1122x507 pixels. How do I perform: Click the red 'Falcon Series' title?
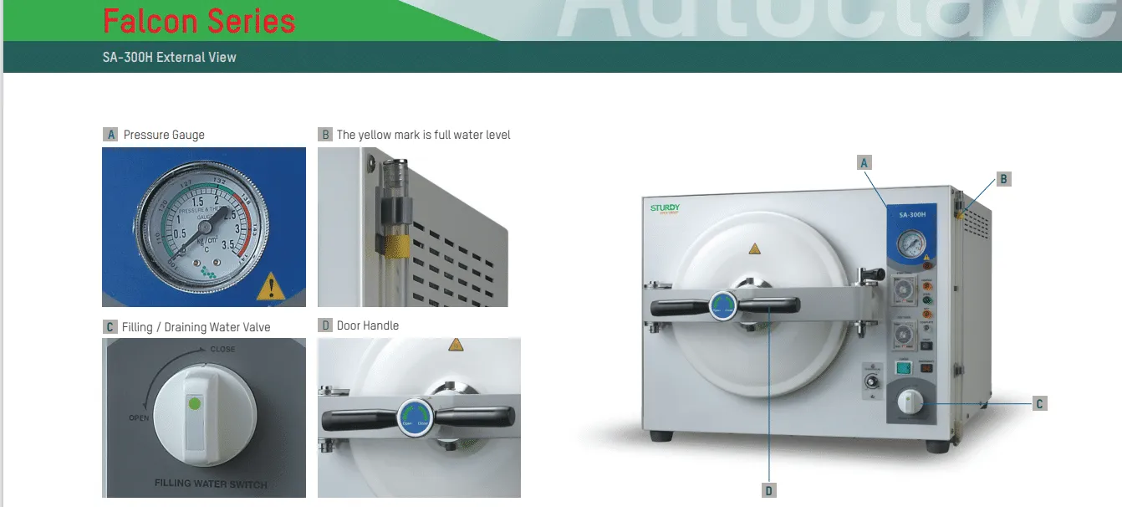(x=199, y=20)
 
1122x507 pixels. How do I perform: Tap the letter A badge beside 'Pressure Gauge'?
(x=110, y=135)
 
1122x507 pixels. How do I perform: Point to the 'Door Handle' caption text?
(x=368, y=325)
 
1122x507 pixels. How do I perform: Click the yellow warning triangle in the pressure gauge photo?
(x=270, y=287)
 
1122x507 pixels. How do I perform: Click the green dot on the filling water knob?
(x=194, y=404)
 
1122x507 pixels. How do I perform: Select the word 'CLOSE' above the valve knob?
(x=222, y=349)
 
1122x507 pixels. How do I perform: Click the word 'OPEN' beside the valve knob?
(x=139, y=417)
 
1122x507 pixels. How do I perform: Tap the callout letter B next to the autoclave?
(x=1004, y=178)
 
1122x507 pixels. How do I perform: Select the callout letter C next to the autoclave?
(x=1039, y=403)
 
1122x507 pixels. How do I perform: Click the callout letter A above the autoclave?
(x=865, y=162)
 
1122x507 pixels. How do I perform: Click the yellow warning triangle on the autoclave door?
(x=755, y=248)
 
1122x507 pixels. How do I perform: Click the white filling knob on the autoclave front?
(x=908, y=403)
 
